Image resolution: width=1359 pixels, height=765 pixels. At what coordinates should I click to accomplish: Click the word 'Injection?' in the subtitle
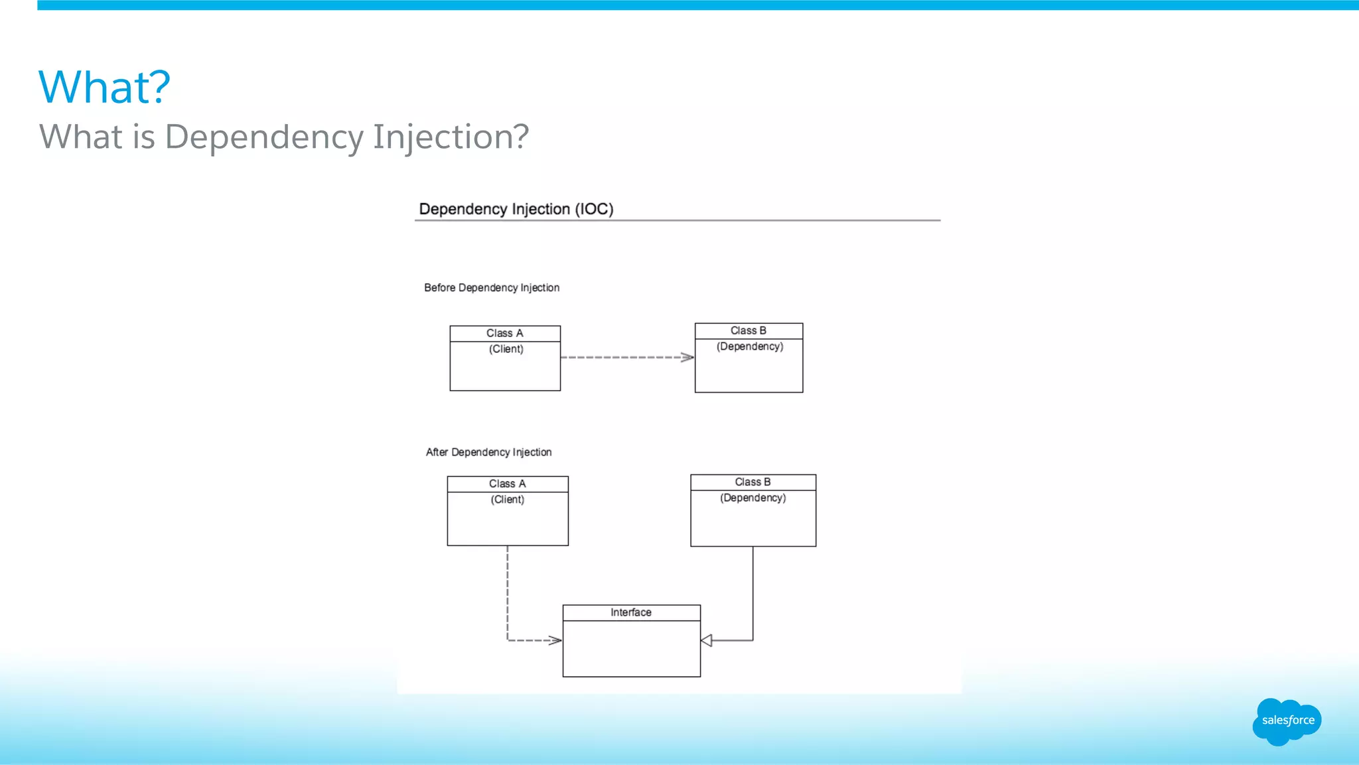(x=451, y=137)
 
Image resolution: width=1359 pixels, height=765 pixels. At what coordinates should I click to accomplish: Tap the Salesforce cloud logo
(x=1287, y=721)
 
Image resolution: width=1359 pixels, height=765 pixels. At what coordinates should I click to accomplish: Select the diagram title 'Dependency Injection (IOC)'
(x=516, y=209)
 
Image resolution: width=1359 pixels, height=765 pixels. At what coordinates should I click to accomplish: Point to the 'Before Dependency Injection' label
(x=492, y=287)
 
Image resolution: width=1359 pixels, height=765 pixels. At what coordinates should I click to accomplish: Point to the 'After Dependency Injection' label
(x=488, y=452)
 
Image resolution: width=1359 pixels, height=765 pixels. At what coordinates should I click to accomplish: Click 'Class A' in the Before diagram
(x=504, y=333)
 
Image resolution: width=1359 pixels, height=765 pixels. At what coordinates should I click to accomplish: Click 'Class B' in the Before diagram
(x=748, y=330)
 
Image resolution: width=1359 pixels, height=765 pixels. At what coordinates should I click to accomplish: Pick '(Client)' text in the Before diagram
(x=506, y=349)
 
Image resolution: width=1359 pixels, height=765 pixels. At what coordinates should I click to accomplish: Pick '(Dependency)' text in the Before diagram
(x=749, y=346)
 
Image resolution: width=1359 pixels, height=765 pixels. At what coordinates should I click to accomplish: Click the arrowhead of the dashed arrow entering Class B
(x=688, y=358)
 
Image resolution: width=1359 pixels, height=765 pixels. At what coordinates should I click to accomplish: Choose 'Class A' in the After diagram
(x=507, y=484)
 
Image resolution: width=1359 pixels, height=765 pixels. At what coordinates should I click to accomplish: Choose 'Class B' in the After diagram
(x=752, y=482)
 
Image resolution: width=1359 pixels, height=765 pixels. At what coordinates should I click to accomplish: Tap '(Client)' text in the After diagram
(x=507, y=500)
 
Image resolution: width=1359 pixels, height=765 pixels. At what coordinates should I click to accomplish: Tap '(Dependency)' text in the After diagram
(x=752, y=498)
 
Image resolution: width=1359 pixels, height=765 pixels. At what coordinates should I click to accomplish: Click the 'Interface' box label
(x=630, y=612)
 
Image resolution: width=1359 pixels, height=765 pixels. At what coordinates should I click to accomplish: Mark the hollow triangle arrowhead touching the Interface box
(x=707, y=640)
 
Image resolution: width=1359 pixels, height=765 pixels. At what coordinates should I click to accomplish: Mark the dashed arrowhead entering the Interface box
(x=556, y=640)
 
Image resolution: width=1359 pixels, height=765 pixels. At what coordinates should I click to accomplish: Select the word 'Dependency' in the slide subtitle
(x=264, y=137)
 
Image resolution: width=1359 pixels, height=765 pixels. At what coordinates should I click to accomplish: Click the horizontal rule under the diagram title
(x=677, y=220)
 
